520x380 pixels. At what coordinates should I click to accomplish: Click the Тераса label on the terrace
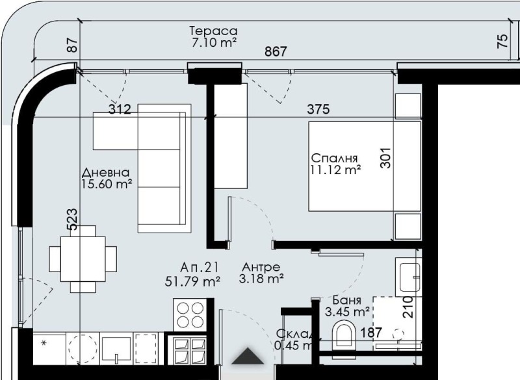[x=213, y=31]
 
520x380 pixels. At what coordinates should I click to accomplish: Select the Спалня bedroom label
[x=335, y=158]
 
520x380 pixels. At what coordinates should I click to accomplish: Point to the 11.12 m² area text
[x=335, y=170]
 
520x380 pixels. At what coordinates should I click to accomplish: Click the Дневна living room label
[x=106, y=173]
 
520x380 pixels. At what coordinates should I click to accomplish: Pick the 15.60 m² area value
[x=107, y=184]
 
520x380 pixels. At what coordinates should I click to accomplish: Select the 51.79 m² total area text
[x=193, y=281]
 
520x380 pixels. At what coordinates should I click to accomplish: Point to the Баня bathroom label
[x=347, y=300]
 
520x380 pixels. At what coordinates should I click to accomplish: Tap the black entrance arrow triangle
[x=248, y=356]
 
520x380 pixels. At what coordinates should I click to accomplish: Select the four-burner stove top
[x=190, y=314]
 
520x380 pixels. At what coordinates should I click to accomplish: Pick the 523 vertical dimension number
[x=73, y=219]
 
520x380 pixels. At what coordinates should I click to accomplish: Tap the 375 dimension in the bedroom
[x=318, y=109]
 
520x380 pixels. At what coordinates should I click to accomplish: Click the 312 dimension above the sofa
[x=120, y=109]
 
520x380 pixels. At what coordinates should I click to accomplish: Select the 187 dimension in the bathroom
[x=371, y=333]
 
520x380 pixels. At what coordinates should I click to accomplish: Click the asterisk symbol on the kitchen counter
[x=44, y=342]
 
